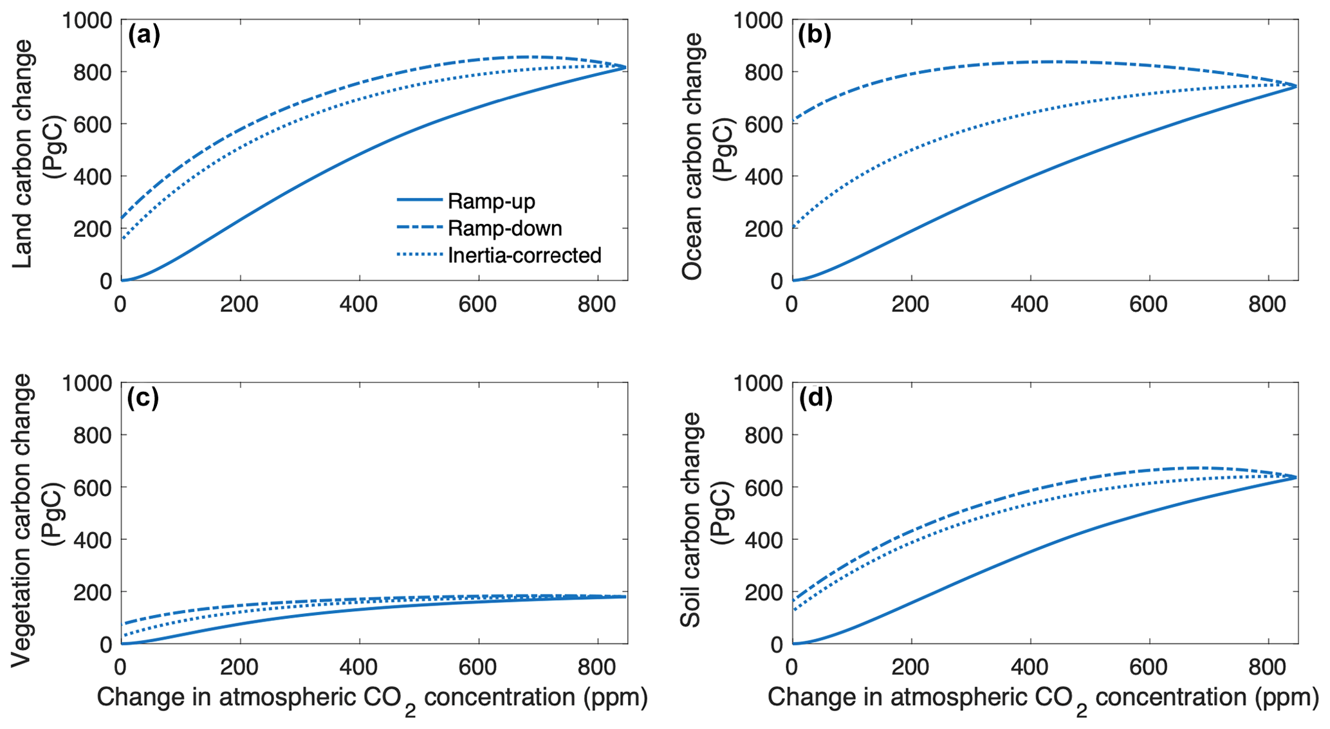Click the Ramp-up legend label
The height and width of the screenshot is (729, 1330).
(x=491, y=201)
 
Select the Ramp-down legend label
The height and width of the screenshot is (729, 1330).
(x=504, y=228)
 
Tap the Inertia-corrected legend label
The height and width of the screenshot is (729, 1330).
(x=524, y=255)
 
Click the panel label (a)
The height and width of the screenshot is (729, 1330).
(x=143, y=35)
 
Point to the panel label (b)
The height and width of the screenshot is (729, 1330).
(x=815, y=35)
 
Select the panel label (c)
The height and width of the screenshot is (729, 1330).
(x=143, y=398)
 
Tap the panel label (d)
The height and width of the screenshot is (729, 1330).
(x=815, y=398)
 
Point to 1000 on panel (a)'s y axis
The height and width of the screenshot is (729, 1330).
(x=87, y=20)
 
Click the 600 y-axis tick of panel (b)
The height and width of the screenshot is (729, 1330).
(x=763, y=124)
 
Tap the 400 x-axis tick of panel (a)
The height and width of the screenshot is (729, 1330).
(x=359, y=304)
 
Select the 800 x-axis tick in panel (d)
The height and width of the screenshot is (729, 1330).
(x=1268, y=667)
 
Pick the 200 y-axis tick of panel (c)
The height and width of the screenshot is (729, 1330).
(x=92, y=592)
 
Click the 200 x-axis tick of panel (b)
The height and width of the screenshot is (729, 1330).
(x=910, y=304)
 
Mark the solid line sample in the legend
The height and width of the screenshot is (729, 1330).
(x=420, y=201)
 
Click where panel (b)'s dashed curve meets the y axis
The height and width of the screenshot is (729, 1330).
(x=793, y=120)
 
